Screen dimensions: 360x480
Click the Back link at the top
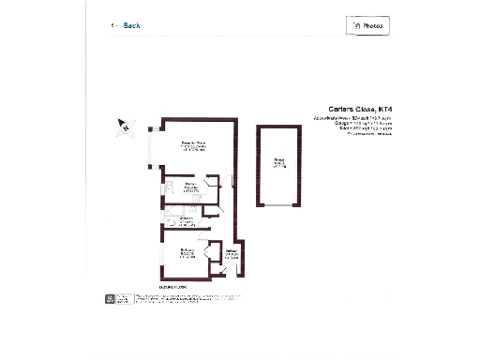131,26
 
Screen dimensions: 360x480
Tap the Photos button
367,26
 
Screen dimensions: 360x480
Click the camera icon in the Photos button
355,26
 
